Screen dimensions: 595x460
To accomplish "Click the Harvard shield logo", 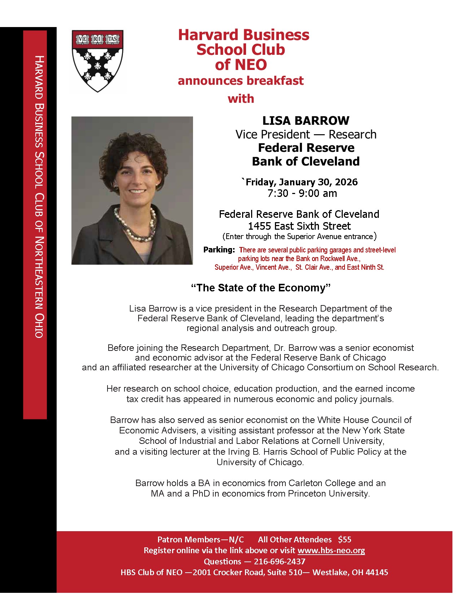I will (x=98, y=61).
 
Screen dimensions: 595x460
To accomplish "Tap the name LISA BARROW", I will (x=306, y=120).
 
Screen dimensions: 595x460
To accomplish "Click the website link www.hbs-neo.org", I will (x=331, y=550).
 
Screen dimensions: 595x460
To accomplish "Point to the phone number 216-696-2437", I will (x=280, y=561).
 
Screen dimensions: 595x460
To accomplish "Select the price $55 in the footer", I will (x=345, y=539).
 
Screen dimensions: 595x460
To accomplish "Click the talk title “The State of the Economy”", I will (x=261, y=288).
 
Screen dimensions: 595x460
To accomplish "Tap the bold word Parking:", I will (x=219, y=250).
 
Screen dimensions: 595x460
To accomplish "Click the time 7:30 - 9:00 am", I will (x=302, y=193).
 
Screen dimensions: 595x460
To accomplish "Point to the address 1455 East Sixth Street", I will (x=299, y=226).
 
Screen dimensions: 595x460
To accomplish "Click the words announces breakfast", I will (x=241, y=80).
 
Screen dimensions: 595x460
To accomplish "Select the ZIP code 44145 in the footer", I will (x=377, y=572).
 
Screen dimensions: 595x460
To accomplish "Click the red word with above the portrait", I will (x=241, y=98).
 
